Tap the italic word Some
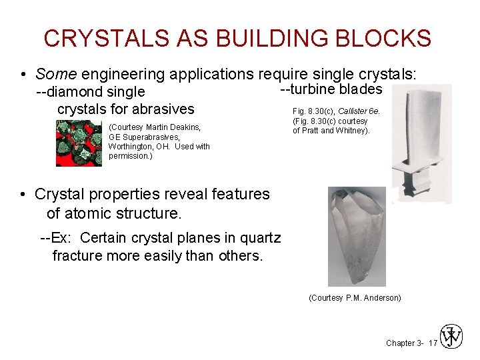tap(54, 75)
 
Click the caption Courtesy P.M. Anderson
tap(355, 298)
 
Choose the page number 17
tap(433, 343)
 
